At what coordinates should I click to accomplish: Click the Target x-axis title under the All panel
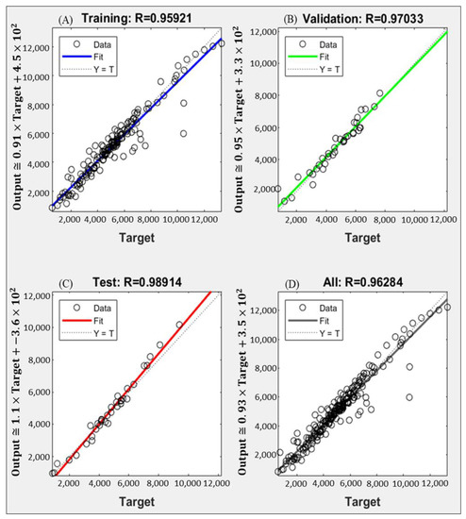pos(363,505)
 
